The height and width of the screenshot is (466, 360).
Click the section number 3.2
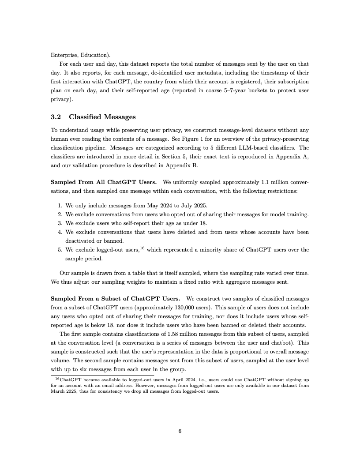57,117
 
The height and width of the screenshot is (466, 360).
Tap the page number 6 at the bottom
180,431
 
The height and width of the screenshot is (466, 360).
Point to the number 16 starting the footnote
56,378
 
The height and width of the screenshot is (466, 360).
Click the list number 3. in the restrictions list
60,223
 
